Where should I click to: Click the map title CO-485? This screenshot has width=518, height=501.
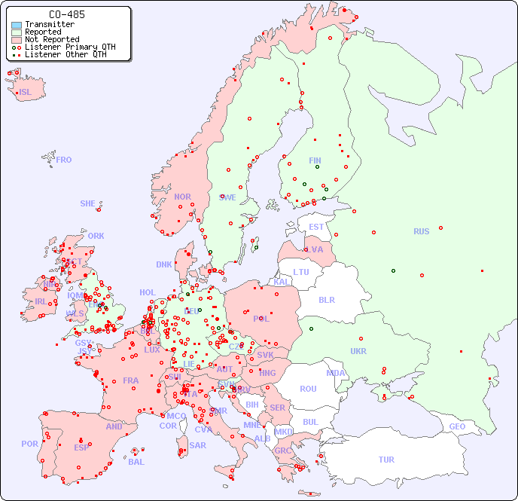click(x=66, y=14)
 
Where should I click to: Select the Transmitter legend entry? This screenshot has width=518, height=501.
click(x=49, y=25)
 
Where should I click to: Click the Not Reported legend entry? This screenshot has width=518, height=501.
click(x=51, y=39)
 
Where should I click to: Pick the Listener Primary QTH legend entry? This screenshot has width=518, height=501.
click(x=70, y=47)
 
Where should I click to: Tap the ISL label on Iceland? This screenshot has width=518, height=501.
click(x=26, y=93)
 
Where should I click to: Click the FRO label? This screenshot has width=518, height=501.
click(x=64, y=160)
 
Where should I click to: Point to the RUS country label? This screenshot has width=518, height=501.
click(x=421, y=231)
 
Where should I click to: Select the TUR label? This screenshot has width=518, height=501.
click(x=386, y=460)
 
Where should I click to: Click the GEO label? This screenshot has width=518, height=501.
click(x=457, y=426)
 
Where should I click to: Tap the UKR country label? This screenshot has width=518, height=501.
click(x=358, y=351)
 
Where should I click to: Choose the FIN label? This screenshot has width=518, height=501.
click(x=315, y=160)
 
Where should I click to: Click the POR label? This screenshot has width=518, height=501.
click(x=29, y=444)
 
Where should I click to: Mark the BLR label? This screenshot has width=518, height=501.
click(x=326, y=299)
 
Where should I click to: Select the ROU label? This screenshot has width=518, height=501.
click(x=308, y=389)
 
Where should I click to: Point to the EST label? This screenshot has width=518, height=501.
click(x=316, y=227)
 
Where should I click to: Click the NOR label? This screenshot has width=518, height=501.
click(x=182, y=197)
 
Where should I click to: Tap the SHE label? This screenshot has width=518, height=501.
click(x=88, y=203)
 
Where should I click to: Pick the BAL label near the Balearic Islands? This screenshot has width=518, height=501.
click(x=136, y=462)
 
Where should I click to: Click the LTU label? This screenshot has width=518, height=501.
click(x=301, y=272)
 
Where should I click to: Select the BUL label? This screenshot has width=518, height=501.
click(x=310, y=422)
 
